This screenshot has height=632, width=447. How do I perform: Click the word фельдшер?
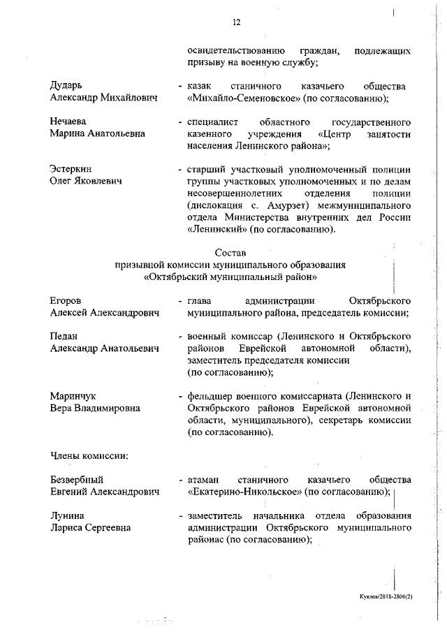[x=212, y=396]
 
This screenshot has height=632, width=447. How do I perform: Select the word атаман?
[x=204, y=480]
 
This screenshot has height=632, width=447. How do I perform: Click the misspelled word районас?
[x=206, y=541]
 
